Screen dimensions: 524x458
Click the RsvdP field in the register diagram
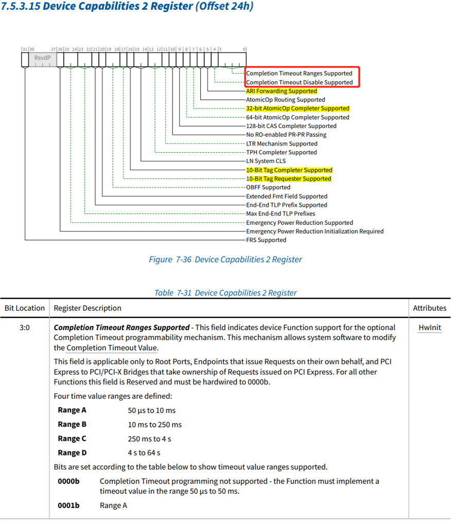tap(43, 58)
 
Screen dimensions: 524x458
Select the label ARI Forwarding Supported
tap(281, 91)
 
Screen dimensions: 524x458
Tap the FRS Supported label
tap(266, 240)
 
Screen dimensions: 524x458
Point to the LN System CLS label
tap(266, 161)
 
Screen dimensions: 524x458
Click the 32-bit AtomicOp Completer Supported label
tap(297, 109)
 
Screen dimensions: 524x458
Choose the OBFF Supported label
tap(268, 187)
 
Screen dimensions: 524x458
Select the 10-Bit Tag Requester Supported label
tap(289, 178)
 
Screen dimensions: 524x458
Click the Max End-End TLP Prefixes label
tap(280, 213)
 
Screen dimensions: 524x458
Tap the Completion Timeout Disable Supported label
tap(299, 82)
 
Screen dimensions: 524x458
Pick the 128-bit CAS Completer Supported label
tap(291, 126)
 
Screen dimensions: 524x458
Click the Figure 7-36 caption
tap(225, 260)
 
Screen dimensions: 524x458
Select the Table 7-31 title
tap(225, 293)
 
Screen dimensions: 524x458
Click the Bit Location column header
tap(25, 308)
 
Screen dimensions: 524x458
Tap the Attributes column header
tap(429, 308)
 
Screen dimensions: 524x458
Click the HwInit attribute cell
tap(429, 328)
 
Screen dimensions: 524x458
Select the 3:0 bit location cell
tap(25, 328)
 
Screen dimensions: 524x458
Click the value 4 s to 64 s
tap(144, 453)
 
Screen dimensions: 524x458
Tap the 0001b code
tap(68, 505)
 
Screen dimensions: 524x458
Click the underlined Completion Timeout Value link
tap(112, 348)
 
